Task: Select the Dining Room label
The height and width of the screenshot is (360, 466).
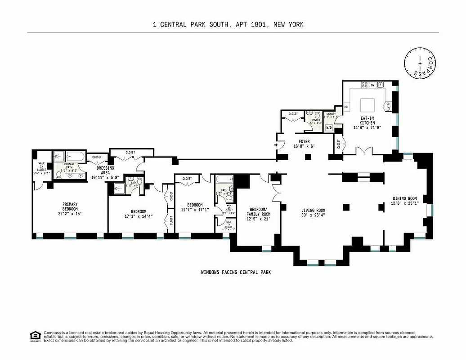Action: pos(404,198)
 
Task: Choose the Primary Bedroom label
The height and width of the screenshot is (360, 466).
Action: pos(70,207)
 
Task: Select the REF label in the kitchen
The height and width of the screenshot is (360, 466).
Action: pos(346,107)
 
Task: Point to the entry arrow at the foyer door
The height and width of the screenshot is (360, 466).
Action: pos(276,145)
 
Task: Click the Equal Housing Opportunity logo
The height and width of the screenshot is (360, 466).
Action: pos(34,336)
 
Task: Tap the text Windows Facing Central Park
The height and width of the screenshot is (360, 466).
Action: pos(236,272)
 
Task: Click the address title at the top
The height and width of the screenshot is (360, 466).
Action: pos(228,25)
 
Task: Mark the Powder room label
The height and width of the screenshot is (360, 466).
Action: pos(316,120)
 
